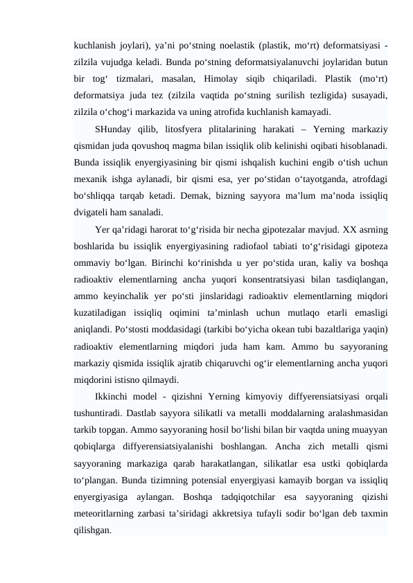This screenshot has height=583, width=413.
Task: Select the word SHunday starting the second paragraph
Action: coord(114,129)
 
